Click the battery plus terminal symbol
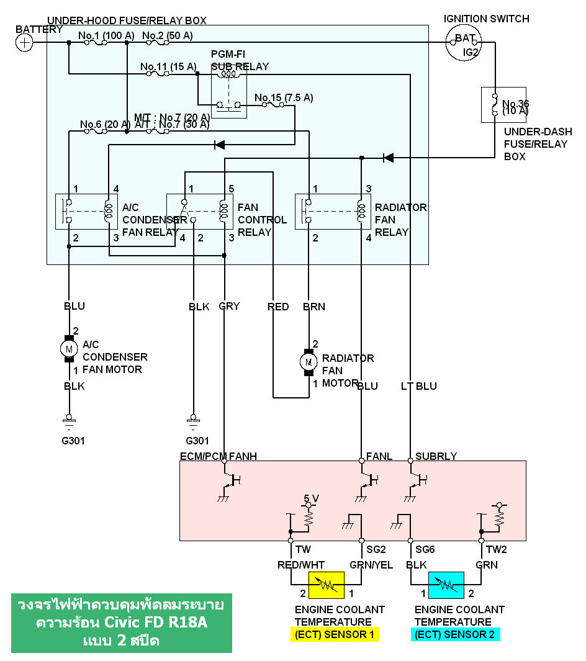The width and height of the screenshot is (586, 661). (x=24, y=42)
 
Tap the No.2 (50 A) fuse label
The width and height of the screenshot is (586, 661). (x=168, y=35)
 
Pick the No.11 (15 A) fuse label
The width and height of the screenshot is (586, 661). (x=168, y=66)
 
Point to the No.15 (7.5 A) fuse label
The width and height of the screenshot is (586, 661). (x=284, y=97)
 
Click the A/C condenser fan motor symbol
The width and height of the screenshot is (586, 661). (x=69, y=350)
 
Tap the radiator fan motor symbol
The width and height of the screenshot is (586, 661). (x=307, y=361)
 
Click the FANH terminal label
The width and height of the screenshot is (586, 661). (x=243, y=456)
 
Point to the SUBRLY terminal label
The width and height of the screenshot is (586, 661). (x=436, y=456)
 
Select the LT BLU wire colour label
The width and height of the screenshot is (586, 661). (x=419, y=386)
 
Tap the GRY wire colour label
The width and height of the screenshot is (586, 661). (x=228, y=306)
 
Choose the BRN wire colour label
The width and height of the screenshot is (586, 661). (x=313, y=306)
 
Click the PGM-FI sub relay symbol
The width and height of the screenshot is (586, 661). (x=228, y=91)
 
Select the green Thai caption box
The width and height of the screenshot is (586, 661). (x=122, y=623)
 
